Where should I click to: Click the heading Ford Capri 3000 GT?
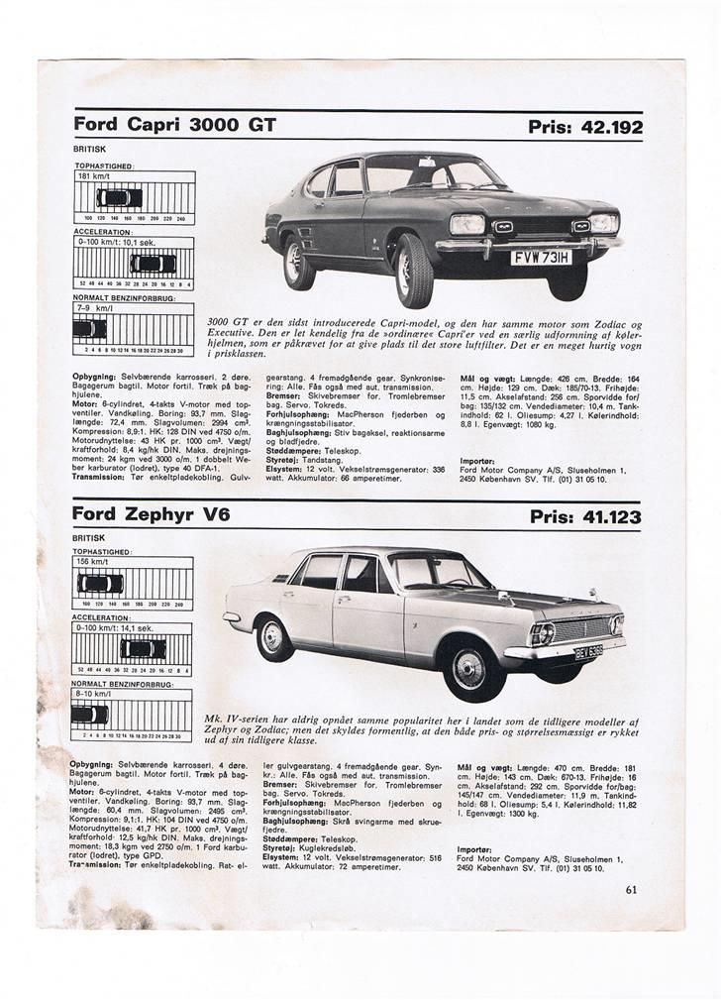[174, 125]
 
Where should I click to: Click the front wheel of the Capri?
[413, 270]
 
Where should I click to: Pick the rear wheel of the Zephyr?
[274, 636]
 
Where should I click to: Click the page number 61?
[632, 889]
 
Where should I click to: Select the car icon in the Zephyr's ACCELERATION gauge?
[143, 649]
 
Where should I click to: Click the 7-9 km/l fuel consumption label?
[90, 307]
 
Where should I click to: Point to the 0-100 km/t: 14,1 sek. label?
[114, 628]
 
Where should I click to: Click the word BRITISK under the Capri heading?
[90, 149]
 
